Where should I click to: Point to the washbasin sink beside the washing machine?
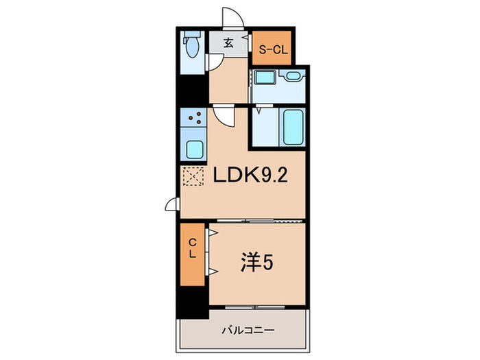[293, 77]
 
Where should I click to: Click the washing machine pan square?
[265, 86]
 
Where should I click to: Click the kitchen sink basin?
[194, 147]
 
